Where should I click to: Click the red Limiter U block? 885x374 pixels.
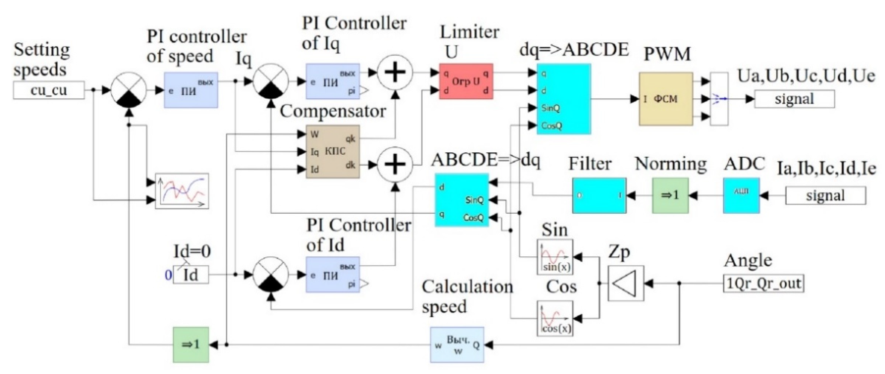click(x=466, y=82)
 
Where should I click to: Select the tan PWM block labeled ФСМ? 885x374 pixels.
click(x=665, y=99)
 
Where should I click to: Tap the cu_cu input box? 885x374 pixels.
click(x=49, y=90)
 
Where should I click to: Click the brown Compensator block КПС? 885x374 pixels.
click(x=333, y=152)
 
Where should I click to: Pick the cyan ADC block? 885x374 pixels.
click(x=741, y=195)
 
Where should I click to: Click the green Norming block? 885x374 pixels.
click(x=670, y=195)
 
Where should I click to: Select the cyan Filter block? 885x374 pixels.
click(x=599, y=195)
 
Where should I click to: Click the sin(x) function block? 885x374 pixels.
click(x=555, y=257)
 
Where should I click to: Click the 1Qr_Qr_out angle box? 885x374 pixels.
click(x=763, y=283)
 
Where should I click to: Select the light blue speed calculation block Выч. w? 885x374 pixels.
click(x=457, y=344)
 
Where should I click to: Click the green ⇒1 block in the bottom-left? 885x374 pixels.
click(x=191, y=344)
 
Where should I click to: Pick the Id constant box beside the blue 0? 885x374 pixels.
click(x=191, y=275)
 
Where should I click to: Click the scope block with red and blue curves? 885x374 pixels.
click(x=182, y=191)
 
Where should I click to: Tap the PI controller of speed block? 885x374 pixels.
click(x=191, y=90)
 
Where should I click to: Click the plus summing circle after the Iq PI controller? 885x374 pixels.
click(x=395, y=73)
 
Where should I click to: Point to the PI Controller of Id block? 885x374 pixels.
click(x=333, y=275)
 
